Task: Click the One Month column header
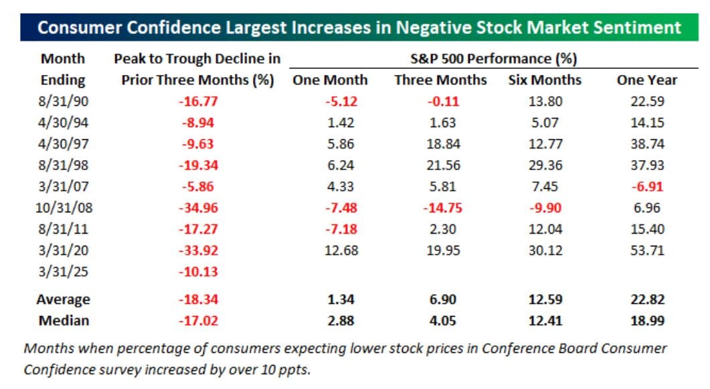[330, 80]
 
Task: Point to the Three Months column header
[440, 80]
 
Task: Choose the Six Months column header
[545, 80]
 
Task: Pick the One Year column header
[646, 80]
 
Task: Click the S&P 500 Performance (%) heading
[493, 59]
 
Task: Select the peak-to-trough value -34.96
[198, 208]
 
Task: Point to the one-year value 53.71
[646, 250]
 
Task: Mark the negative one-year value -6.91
[646, 187]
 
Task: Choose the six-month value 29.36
[545, 165]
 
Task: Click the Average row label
[63, 299]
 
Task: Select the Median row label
[63, 321]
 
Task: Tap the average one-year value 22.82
[646, 299]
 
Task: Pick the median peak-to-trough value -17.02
[198, 321]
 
